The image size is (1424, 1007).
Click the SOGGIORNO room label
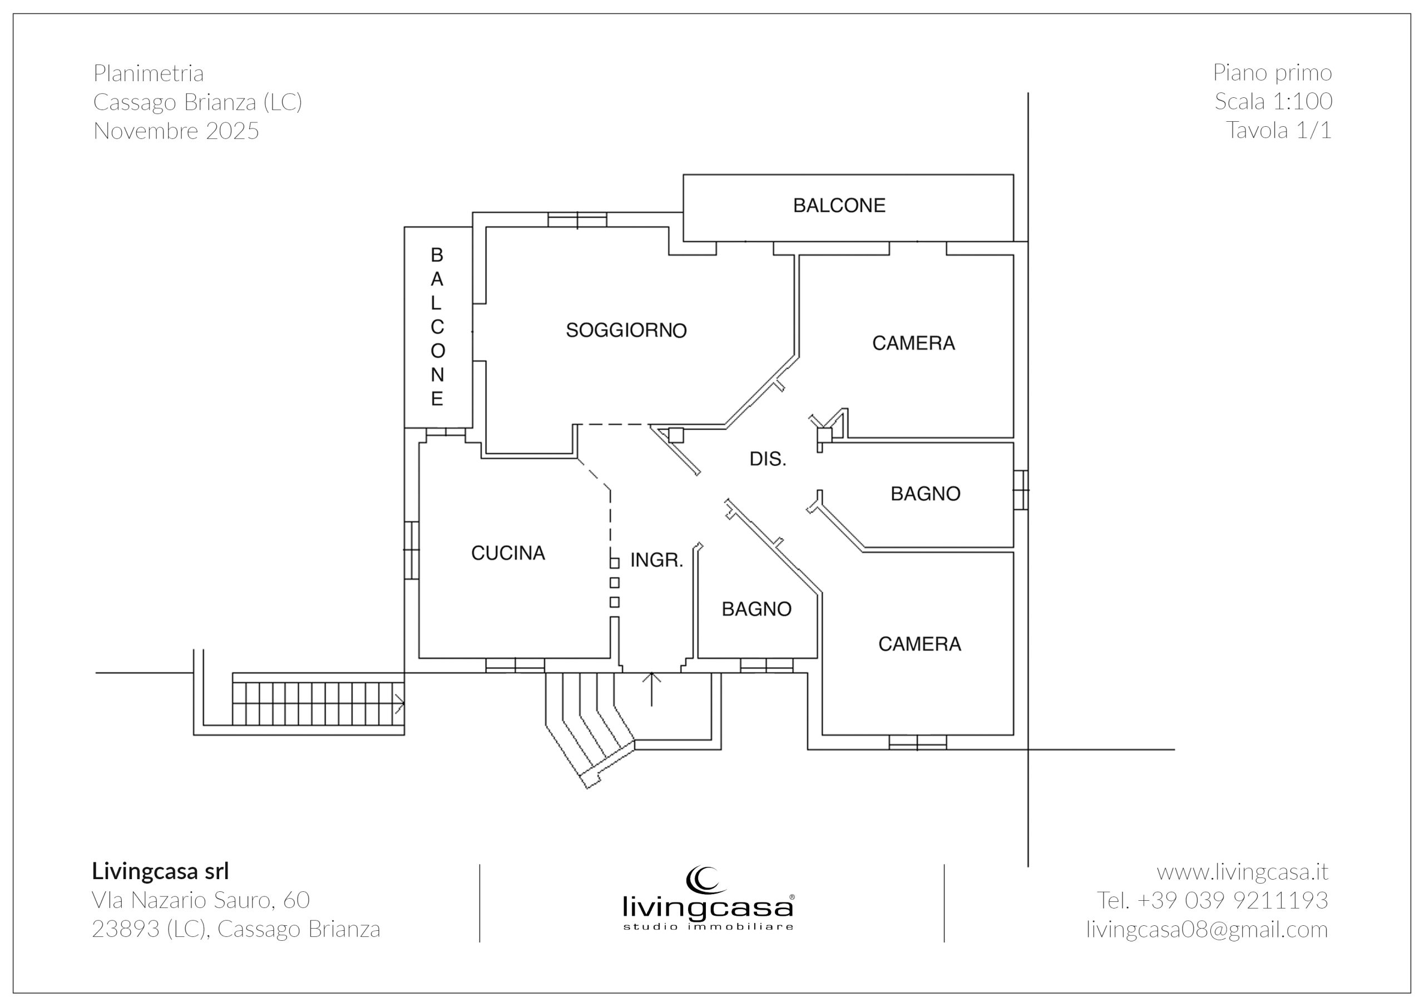626,330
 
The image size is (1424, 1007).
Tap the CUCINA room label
508,553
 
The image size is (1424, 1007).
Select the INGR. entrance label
657,560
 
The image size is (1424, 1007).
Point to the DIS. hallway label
768,459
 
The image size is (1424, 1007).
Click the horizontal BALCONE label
839,206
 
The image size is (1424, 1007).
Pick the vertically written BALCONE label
437,327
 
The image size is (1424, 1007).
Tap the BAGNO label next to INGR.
756,609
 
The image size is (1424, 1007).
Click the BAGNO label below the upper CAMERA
926,494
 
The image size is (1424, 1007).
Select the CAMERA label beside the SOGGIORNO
913,344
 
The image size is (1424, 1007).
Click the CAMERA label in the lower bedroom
920,644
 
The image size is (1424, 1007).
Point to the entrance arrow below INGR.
651,689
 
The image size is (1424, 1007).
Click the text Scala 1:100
1273,102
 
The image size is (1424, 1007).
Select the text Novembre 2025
176,131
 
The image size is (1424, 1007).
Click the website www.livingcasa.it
1242,872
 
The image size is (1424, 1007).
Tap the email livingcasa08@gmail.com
1207,930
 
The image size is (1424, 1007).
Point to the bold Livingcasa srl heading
161,871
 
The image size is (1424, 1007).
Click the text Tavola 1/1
1279,130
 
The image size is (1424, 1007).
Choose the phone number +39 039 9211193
1232,900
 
